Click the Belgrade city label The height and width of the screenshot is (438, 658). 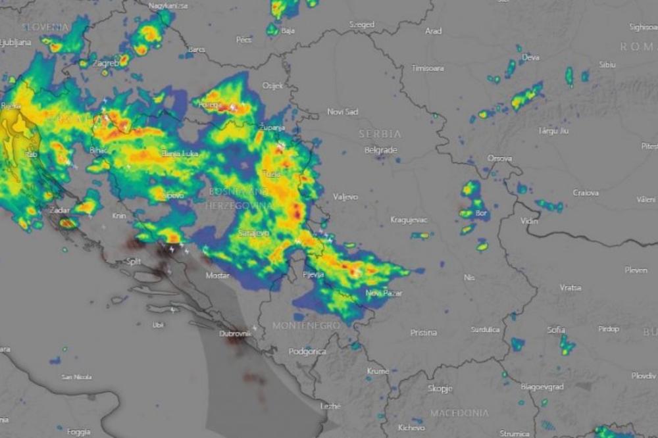(381, 150)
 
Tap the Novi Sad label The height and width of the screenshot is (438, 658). (343, 112)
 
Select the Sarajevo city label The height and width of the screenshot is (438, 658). (253, 233)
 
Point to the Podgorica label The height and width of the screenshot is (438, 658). (307, 351)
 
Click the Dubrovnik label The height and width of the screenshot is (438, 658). (235, 334)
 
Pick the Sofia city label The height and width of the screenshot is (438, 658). (556, 329)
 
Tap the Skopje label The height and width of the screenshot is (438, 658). (440, 388)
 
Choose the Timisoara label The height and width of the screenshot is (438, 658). (428, 68)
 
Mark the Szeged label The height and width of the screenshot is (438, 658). (361, 25)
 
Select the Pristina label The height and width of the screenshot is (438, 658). (423, 332)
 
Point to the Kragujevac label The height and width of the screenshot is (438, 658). (409, 219)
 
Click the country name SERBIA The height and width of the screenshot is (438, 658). (380, 134)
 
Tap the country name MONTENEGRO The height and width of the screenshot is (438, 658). (307, 326)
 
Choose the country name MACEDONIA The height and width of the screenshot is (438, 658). (459, 413)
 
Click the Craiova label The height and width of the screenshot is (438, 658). (585, 193)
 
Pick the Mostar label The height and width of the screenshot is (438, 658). (217, 276)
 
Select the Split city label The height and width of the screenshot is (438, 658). (133, 262)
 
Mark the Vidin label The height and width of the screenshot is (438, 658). (529, 220)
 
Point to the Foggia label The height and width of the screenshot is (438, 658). (78, 432)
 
